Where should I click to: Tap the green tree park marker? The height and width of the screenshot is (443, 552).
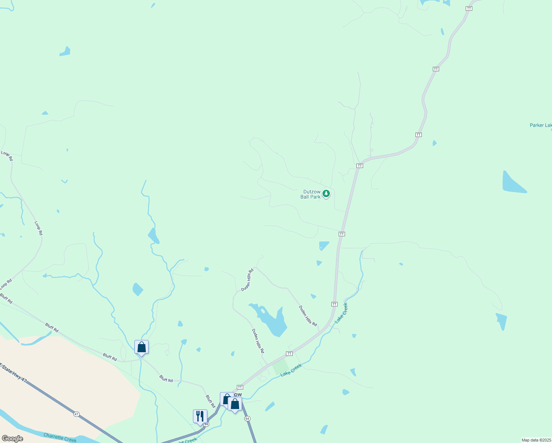[x=326, y=193]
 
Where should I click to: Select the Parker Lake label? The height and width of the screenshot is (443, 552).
[x=541, y=125]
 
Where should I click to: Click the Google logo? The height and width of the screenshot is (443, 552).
[x=12, y=439]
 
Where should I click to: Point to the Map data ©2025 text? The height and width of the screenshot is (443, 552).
[x=536, y=440]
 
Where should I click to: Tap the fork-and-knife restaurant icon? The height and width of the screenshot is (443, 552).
[x=200, y=416]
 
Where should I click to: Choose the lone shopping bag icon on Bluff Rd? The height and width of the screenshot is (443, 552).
[x=141, y=347]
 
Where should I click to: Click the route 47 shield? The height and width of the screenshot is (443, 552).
[x=76, y=414]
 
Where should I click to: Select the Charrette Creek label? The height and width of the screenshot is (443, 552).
[x=60, y=437]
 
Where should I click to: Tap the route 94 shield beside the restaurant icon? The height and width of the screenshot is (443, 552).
[x=206, y=424]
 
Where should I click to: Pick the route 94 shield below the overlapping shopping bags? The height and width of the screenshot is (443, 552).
[x=247, y=418]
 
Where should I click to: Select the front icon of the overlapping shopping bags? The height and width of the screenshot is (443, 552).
[x=235, y=404]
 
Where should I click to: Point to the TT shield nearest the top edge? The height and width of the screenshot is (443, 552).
[x=469, y=8]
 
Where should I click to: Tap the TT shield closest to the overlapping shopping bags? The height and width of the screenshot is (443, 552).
[x=240, y=387]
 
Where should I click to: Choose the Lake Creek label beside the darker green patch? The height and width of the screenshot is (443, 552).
[x=291, y=370]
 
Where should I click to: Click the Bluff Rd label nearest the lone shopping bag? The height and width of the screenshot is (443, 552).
[x=110, y=357]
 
